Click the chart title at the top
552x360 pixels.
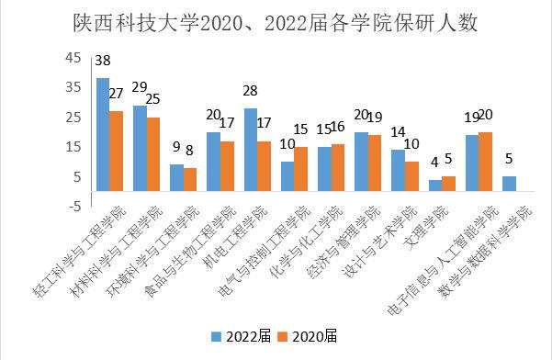(276, 20)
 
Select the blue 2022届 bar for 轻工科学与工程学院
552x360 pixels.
(103, 135)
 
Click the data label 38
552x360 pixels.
(103, 62)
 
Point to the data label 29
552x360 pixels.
(141, 87)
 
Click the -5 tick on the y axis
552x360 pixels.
(71, 207)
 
